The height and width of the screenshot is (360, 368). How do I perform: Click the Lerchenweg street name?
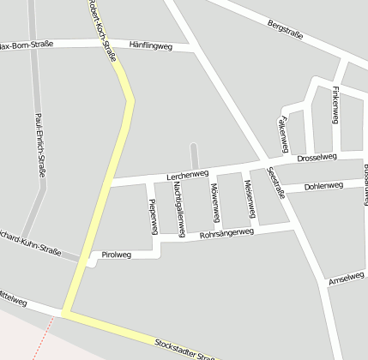[x=188, y=174]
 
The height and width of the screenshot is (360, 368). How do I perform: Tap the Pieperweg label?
[x=153, y=216]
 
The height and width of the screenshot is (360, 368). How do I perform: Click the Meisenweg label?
[x=249, y=197]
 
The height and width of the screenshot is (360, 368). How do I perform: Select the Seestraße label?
[x=276, y=183]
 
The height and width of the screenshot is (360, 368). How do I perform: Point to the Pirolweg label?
[x=117, y=255]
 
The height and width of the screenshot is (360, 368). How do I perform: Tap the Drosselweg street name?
[x=317, y=158]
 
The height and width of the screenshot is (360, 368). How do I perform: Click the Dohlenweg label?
[x=323, y=185]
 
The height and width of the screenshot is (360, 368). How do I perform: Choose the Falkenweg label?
[x=282, y=131]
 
